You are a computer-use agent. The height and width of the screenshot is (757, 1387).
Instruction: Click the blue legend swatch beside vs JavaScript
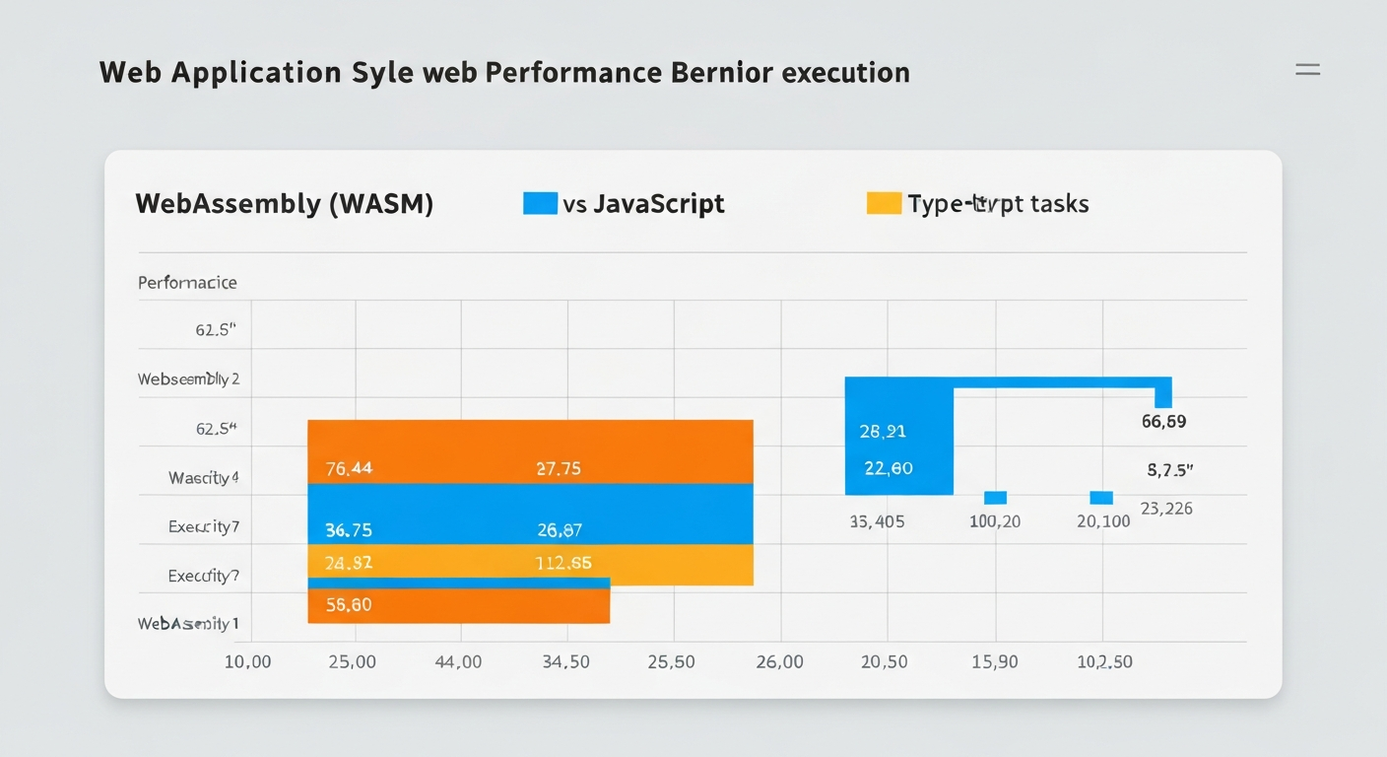point(540,203)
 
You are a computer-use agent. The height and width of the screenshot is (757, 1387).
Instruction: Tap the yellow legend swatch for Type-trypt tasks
point(884,203)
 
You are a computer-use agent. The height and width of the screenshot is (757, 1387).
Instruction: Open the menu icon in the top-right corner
point(1307,69)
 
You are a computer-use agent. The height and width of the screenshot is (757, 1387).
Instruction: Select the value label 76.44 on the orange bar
point(349,469)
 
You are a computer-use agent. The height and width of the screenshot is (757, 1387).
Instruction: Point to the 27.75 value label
point(558,469)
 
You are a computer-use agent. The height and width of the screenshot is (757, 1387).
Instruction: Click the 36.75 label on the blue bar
point(349,530)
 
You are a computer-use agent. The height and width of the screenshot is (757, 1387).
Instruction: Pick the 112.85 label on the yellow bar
point(563,564)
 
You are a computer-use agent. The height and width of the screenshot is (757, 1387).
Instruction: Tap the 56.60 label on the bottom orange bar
point(349,604)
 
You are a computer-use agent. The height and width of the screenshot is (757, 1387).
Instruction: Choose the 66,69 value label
point(1163,422)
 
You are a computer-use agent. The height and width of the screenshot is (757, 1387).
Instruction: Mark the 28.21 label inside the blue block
point(883,432)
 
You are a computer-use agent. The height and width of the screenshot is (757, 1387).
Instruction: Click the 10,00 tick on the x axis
point(247,661)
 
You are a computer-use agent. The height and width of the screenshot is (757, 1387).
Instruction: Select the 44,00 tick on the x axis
point(458,661)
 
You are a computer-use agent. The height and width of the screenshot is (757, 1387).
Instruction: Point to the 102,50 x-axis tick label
point(1104,661)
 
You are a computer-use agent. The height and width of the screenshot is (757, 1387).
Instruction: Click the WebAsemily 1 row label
point(188,624)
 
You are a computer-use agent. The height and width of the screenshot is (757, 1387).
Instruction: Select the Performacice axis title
point(187,283)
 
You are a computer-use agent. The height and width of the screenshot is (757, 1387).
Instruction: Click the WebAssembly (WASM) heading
point(284,204)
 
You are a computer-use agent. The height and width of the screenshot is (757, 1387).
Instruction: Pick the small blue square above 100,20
point(995,498)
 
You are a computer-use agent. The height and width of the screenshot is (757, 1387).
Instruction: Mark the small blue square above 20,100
point(1101,498)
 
